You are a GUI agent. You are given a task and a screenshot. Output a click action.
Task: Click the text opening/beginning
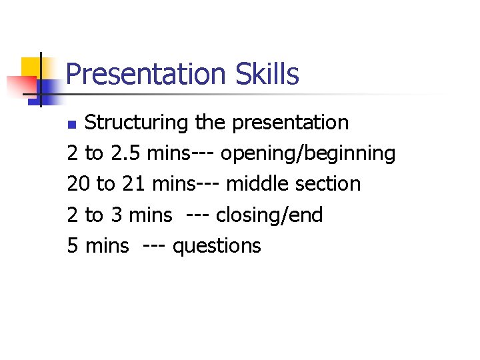tap(308, 154)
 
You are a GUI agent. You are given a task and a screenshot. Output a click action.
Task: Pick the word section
tap(327, 184)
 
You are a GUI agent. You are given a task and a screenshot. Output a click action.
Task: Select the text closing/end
tap(269, 215)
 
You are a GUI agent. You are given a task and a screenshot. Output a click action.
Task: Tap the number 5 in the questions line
tap(73, 245)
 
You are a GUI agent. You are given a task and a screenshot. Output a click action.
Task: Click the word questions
tap(217, 246)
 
